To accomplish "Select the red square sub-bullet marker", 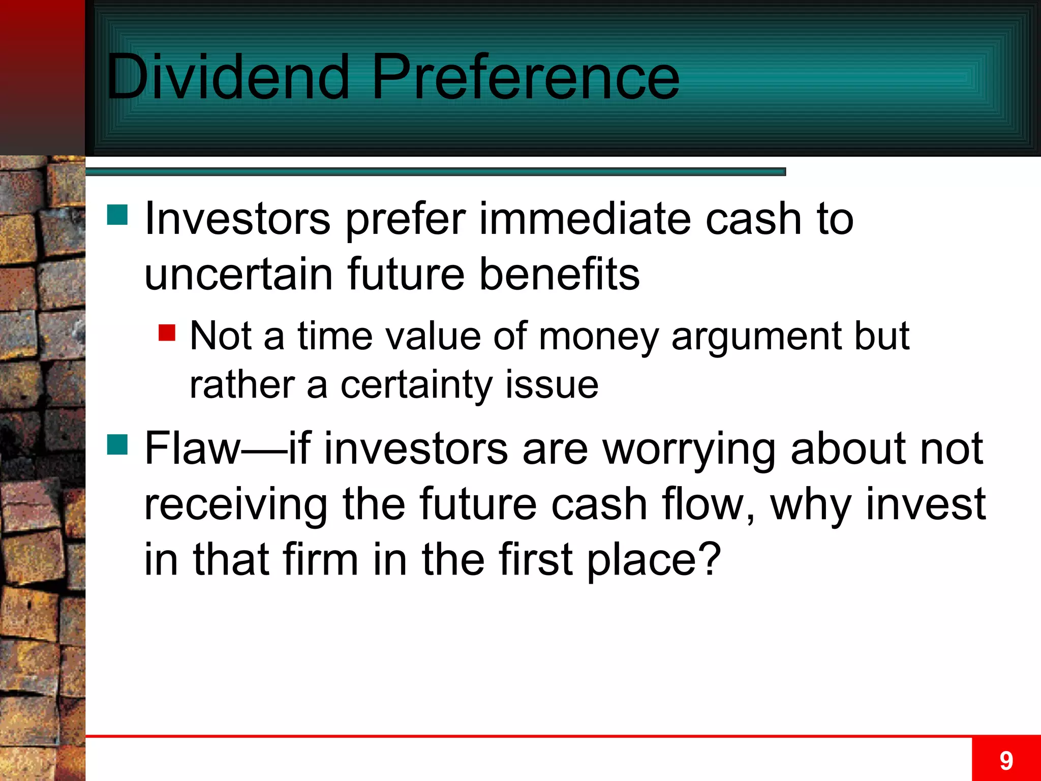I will pyautogui.click(x=167, y=333).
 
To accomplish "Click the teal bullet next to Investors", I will pyautogui.click(x=117, y=215).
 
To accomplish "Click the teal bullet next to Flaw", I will pyautogui.click(x=117, y=444).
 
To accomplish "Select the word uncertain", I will pyautogui.click(x=238, y=275).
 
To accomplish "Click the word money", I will pyautogui.click(x=598, y=337).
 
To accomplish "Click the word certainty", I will pyautogui.click(x=416, y=385).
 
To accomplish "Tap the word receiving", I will pyautogui.click(x=236, y=505).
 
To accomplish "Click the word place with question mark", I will pyautogui.click(x=654, y=560).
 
